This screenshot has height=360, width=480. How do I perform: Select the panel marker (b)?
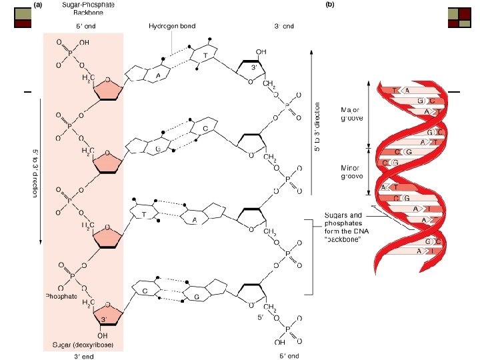point(329,4)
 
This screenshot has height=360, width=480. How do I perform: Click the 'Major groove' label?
point(351,114)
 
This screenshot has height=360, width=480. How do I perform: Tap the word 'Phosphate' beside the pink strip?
point(62,295)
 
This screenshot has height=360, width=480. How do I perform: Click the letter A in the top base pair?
point(157,75)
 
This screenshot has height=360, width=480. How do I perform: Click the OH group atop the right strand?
point(261,51)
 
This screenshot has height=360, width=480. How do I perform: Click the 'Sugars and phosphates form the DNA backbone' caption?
point(343,227)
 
